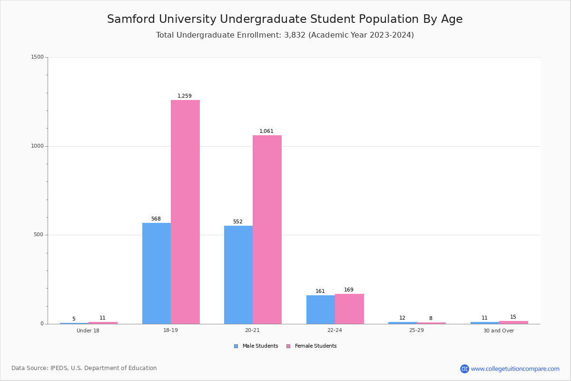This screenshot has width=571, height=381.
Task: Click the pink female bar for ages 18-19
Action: tap(185, 212)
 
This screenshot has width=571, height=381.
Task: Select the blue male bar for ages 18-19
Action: tap(157, 273)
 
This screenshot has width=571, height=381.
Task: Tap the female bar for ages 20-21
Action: tap(267, 230)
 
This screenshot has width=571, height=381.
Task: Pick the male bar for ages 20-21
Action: tap(238, 275)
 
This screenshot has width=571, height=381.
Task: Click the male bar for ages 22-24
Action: tap(321, 310)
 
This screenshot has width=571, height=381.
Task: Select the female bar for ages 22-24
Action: tap(349, 309)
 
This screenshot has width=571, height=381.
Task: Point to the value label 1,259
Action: tap(185, 96)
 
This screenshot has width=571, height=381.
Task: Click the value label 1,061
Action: tap(266, 131)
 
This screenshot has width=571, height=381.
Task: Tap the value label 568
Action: tap(156, 219)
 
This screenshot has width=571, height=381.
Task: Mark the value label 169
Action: tap(349, 290)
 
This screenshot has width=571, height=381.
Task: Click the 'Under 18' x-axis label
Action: tap(88, 331)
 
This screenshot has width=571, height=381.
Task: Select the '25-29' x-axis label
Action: tap(416, 331)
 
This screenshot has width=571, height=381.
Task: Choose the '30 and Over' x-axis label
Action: tap(499, 331)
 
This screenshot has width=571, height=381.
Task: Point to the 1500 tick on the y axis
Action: tap(38, 57)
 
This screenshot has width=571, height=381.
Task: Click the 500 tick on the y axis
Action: tap(39, 235)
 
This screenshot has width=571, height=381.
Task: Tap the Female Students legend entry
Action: tap(312, 346)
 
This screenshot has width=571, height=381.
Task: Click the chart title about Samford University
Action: tap(285, 19)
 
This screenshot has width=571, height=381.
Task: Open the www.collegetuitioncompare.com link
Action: tap(515, 369)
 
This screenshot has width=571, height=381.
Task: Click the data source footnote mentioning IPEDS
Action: tap(84, 368)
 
